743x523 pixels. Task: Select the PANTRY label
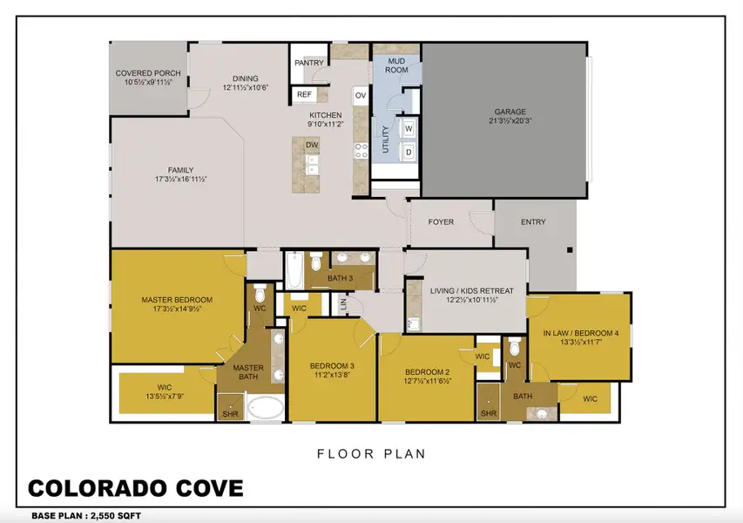pyautogui.click(x=308, y=63)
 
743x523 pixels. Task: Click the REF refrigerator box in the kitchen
pyautogui.click(x=304, y=94)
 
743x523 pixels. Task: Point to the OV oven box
pyautogui.click(x=360, y=95)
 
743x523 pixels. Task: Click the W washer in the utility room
pyautogui.click(x=408, y=129)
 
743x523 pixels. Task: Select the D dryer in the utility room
pyautogui.click(x=408, y=152)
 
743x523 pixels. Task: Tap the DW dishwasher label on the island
pyautogui.click(x=312, y=146)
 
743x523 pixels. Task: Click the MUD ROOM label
pyautogui.click(x=397, y=66)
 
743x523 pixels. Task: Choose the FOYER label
pyautogui.click(x=441, y=222)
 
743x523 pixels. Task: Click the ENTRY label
pyautogui.click(x=533, y=222)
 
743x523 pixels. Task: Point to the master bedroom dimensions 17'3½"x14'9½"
pyautogui.click(x=177, y=309)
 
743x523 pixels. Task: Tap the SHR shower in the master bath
pyautogui.click(x=230, y=414)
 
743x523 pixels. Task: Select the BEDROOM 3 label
pyautogui.click(x=332, y=365)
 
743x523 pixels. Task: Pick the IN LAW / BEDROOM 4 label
pyautogui.click(x=579, y=332)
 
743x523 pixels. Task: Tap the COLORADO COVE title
pyautogui.click(x=135, y=488)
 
